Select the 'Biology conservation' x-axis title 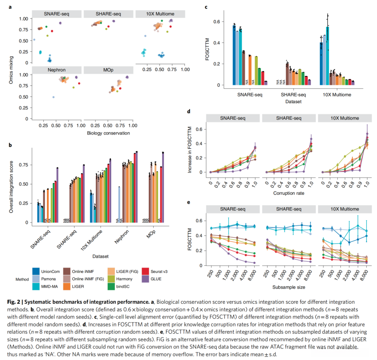[x=109, y=133]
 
